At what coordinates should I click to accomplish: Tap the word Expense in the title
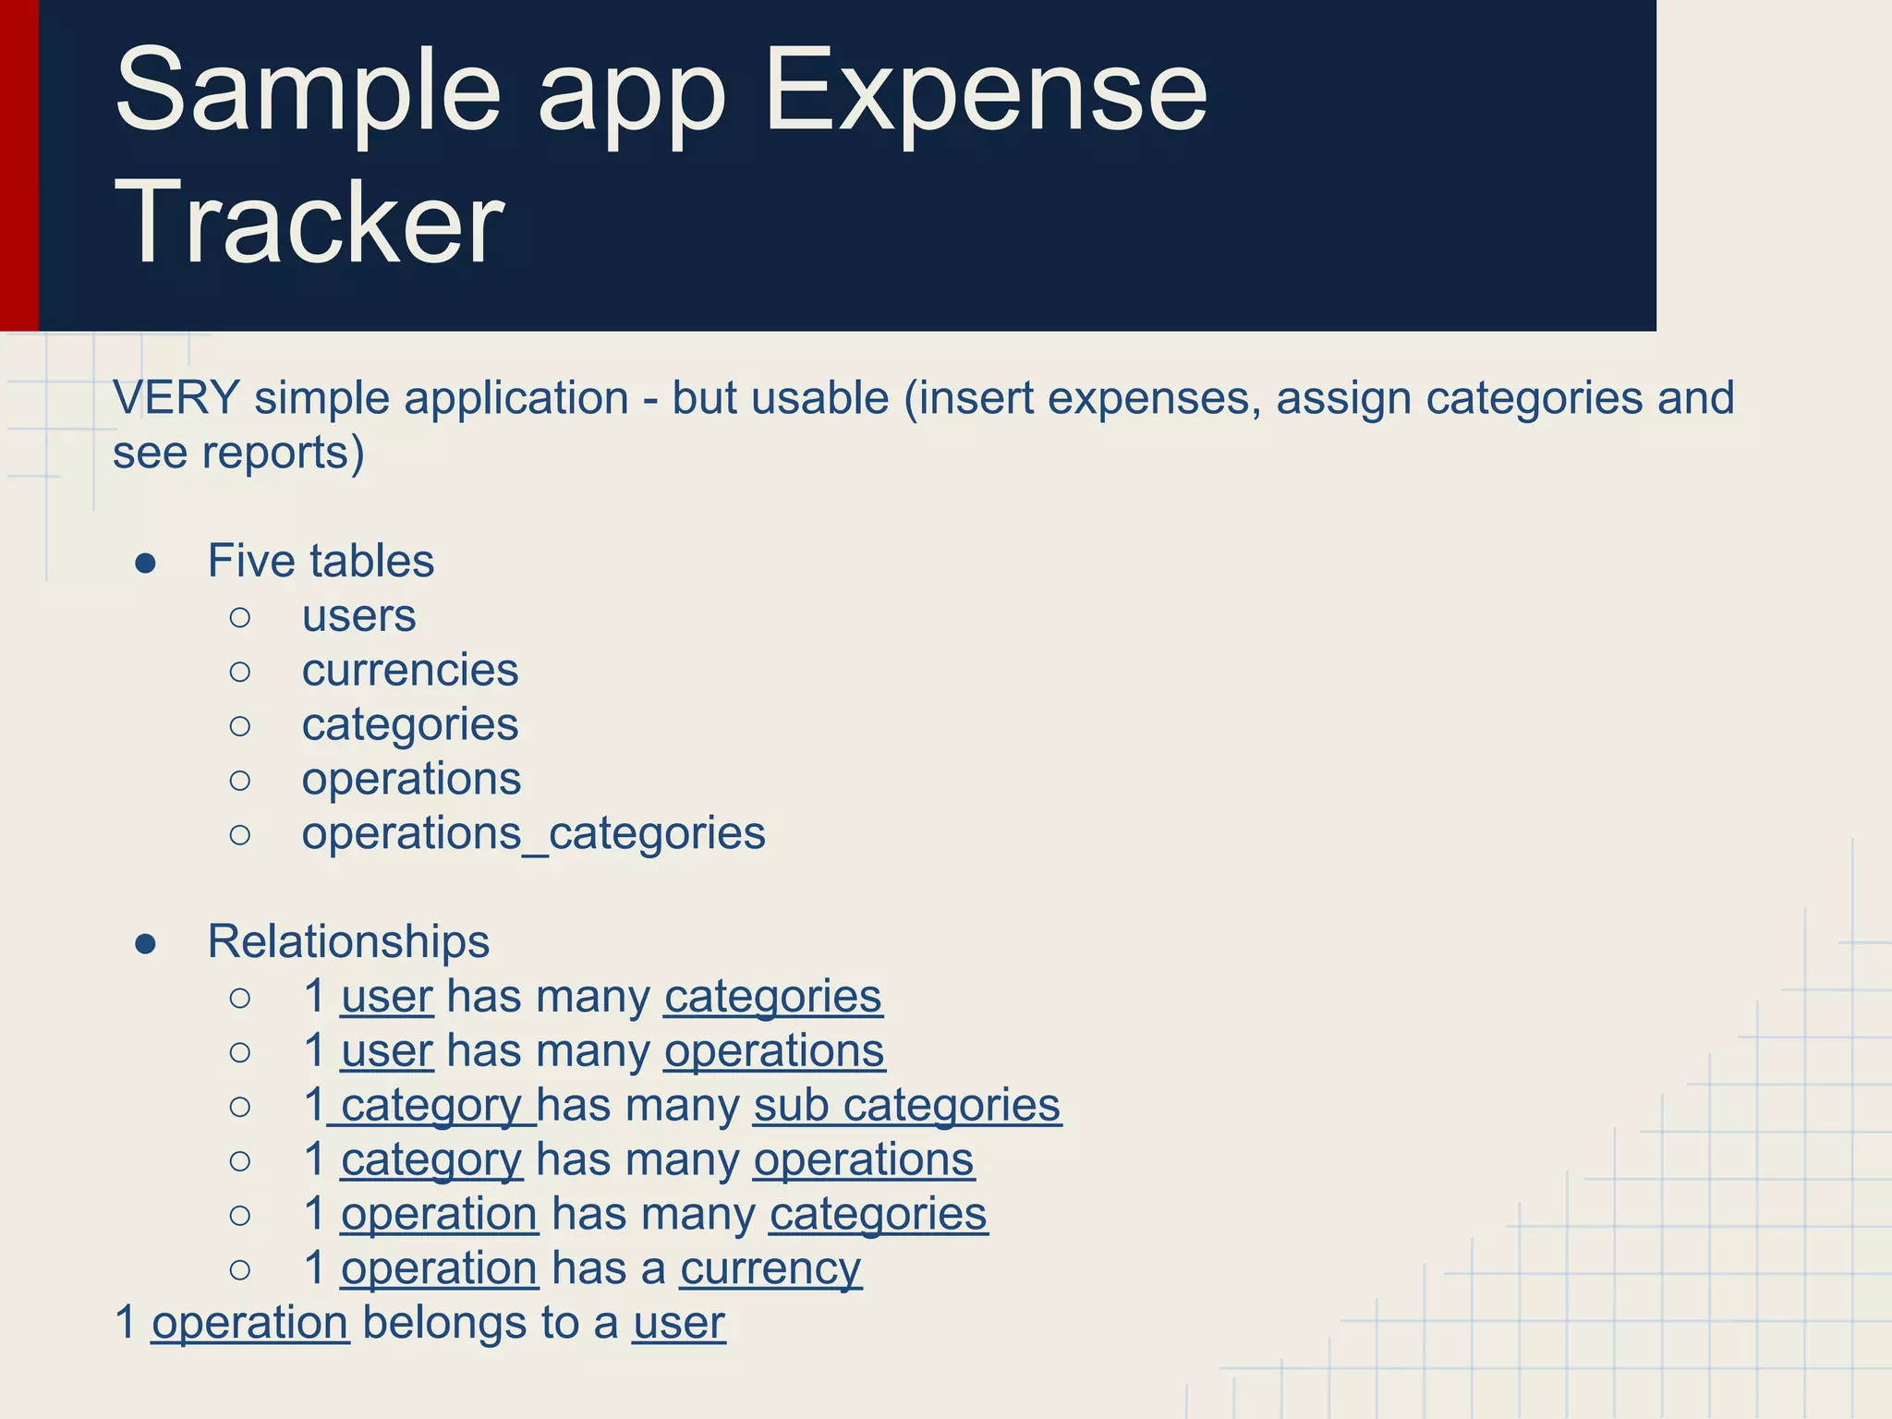click(x=986, y=91)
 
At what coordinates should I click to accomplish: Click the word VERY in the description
click(x=176, y=398)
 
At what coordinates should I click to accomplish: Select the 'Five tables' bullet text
click(x=321, y=561)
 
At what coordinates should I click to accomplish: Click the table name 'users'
click(x=358, y=616)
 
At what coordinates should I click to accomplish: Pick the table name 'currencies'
click(x=410, y=671)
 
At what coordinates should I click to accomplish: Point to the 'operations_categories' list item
click(x=533, y=833)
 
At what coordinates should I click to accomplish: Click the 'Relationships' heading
click(x=348, y=941)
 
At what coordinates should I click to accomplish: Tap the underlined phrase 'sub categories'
click(x=907, y=1105)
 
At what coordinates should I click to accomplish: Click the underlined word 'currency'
click(x=770, y=1268)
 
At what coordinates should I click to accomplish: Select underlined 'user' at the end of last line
click(x=679, y=1323)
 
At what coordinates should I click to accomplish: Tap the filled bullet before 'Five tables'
click(x=145, y=563)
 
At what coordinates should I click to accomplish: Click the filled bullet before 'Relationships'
click(x=145, y=943)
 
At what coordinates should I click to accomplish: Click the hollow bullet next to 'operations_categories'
click(x=240, y=835)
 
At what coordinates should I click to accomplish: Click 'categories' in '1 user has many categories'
click(x=772, y=997)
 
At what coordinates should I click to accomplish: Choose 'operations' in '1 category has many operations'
click(x=864, y=1160)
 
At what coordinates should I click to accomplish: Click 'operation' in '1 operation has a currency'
click(x=439, y=1268)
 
